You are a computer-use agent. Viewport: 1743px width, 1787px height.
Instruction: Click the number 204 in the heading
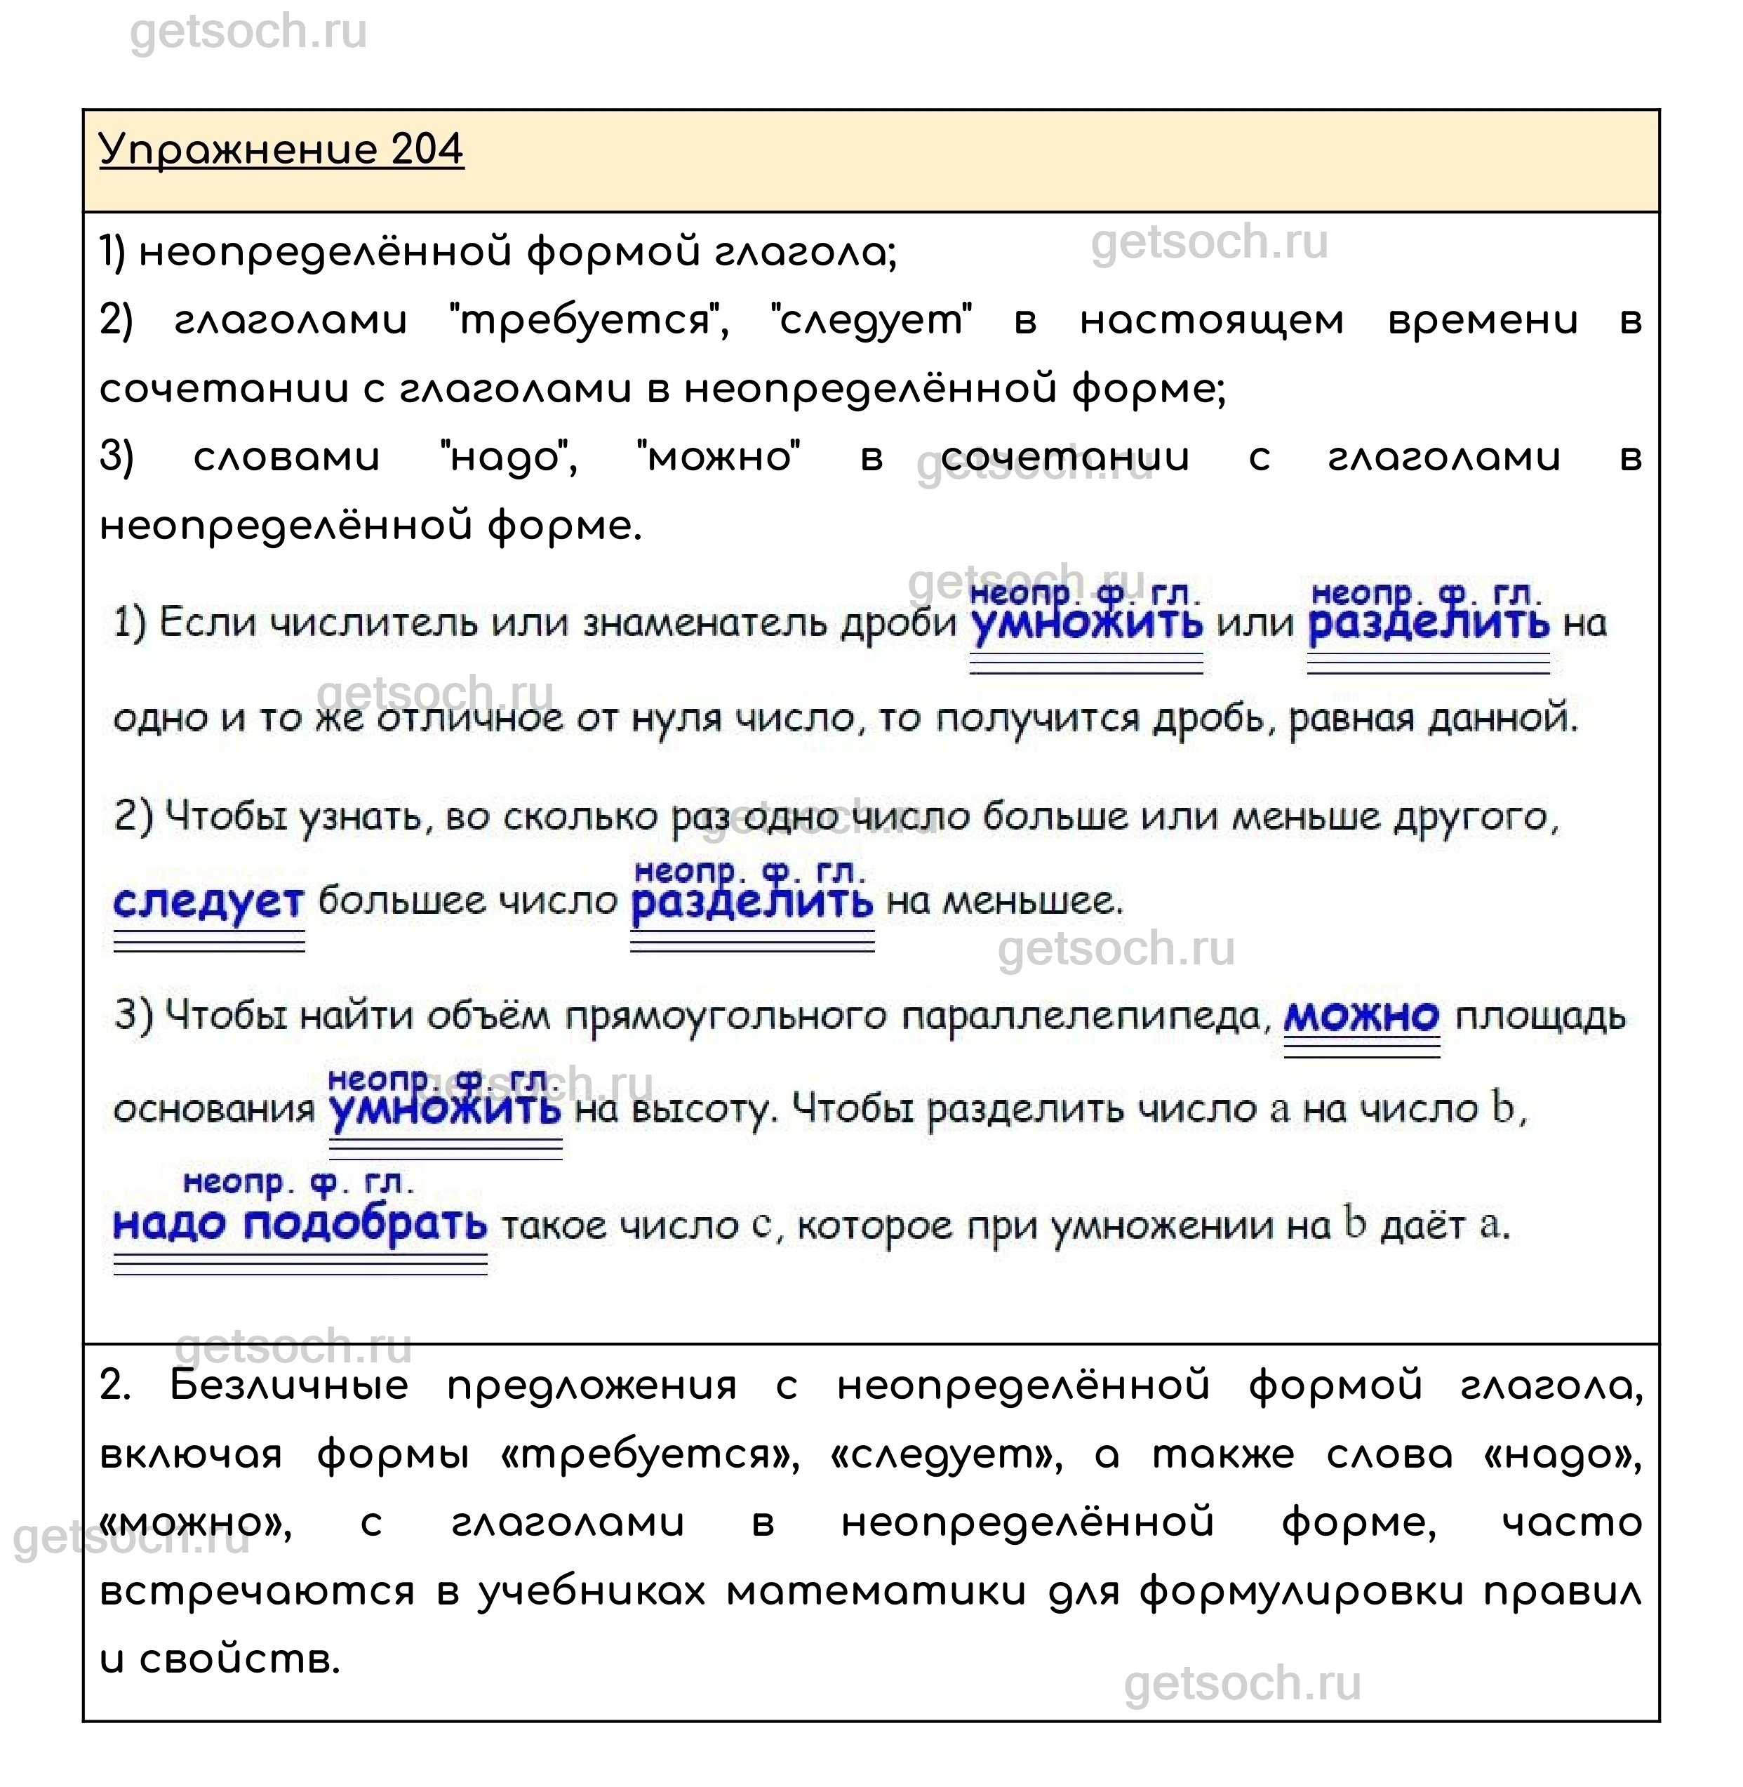point(427,150)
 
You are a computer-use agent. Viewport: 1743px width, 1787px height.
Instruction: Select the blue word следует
point(208,902)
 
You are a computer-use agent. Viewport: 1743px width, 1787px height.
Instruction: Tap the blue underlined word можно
point(1361,1016)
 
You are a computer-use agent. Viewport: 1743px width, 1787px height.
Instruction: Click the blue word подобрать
point(366,1224)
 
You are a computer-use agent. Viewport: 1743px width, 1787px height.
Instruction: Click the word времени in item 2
point(1483,321)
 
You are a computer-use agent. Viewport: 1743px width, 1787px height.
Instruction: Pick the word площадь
point(1541,1016)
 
